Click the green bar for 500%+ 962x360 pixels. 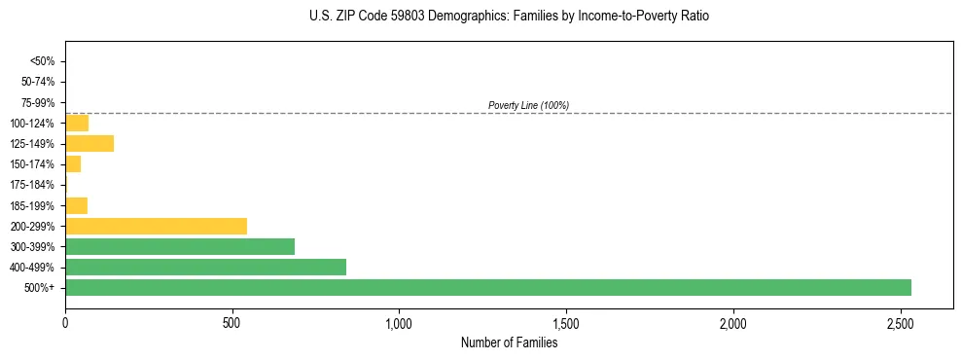(487, 288)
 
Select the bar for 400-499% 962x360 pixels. (205, 268)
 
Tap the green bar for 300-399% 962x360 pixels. (180, 247)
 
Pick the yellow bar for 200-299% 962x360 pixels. (156, 226)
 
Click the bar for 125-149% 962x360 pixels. (89, 144)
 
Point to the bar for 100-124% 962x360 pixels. (77, 123)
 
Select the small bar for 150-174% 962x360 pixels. (73, 164)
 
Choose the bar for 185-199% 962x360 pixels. (76, 205)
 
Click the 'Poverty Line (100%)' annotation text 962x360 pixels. (528, 105)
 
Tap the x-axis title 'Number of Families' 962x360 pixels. (509, 342)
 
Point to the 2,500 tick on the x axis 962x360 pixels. (900, 322)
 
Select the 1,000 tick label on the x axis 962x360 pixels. (399, 322)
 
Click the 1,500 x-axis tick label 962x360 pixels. (566, 322)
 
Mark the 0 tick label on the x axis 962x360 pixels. (65, 322)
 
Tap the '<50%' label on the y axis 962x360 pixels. (43, 61)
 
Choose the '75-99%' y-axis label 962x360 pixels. (39, 102)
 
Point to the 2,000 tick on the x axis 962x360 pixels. (732, 322)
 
